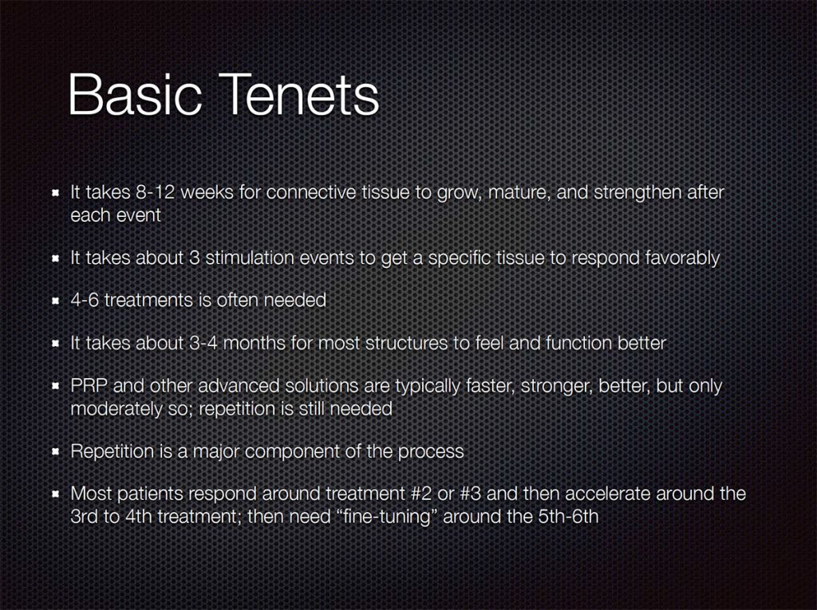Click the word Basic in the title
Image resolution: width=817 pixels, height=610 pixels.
click(134, 95)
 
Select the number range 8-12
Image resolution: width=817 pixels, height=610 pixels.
click(155, 192)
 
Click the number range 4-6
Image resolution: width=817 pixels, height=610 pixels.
click(85, 300)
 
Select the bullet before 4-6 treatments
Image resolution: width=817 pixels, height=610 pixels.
click(55, 301)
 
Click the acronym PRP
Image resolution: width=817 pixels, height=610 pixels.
click(89, 386)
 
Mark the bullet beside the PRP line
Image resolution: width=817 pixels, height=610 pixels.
click(55, 387)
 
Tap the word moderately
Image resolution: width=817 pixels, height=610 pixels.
click(116, 409)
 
